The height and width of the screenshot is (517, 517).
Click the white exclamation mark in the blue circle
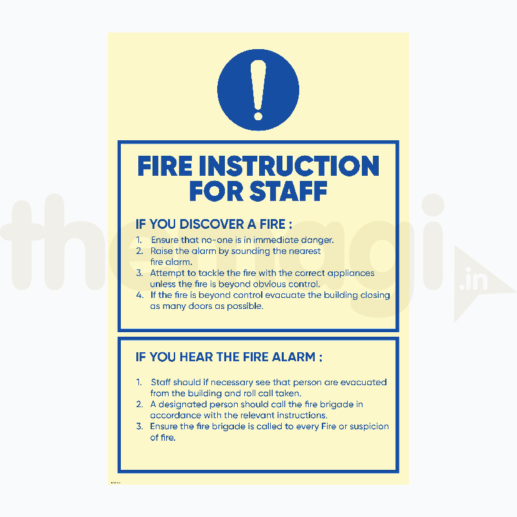pyautogui.click(x=258, y=90)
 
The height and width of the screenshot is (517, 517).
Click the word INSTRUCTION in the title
pyautogui.click(x=289, y=166)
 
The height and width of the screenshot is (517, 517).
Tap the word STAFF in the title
pyautogui.click(x=288, y=191)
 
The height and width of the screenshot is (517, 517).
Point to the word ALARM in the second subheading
pyautogui.click(x=293, y=357)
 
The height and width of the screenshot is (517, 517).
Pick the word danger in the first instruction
pyautogui.click(x=317, y=240)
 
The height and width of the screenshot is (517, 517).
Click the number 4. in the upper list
pyautogui.click(x=140, y=295)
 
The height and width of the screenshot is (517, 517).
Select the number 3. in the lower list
pyautogui.click(x=140, y=427)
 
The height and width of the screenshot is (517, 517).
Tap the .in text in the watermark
pyautogui.click(x=474, y=279)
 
